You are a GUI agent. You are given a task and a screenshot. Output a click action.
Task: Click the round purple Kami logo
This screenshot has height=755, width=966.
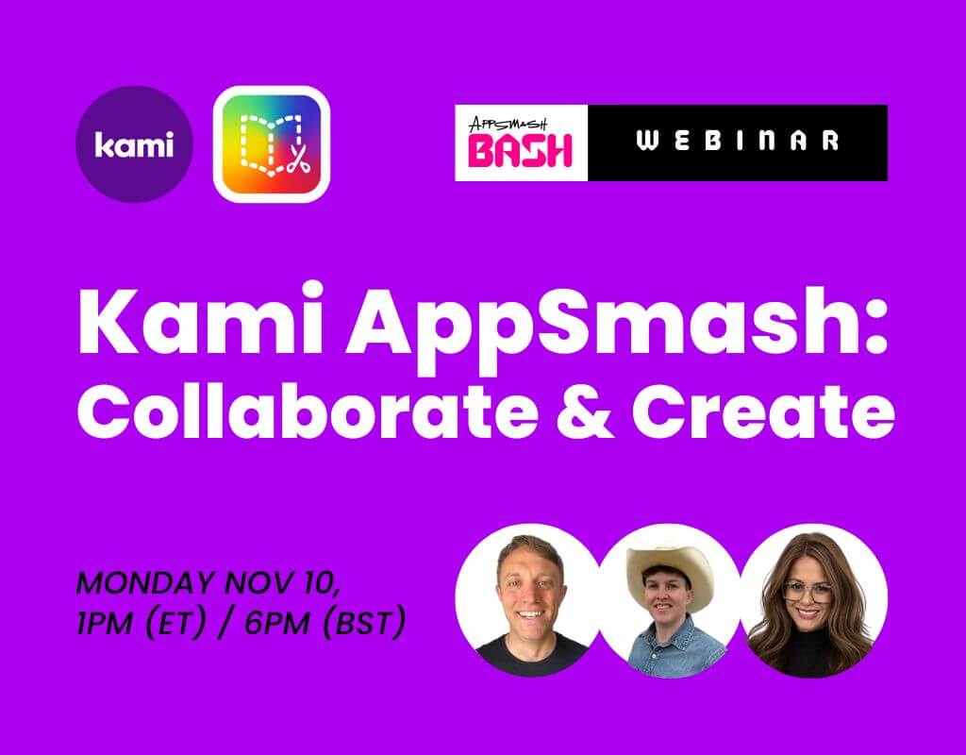point(134,144)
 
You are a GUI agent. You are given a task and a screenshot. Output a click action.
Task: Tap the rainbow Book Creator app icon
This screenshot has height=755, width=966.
point(272,144)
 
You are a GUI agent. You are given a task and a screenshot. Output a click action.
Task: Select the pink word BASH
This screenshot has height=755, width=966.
point(520,151)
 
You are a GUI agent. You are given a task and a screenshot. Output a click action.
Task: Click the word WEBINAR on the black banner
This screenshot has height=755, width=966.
point(738,142)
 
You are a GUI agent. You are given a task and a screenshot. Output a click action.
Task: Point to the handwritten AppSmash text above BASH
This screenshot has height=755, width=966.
point(508,124)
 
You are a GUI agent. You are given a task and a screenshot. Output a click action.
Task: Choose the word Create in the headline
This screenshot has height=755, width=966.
point(762,411)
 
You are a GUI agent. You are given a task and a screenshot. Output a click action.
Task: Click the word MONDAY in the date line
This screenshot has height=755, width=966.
point(146,582)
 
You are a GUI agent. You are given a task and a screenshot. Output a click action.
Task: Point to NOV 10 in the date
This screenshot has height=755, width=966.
point(282,583)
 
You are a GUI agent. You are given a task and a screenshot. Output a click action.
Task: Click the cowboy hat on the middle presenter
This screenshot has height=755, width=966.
point(669,574)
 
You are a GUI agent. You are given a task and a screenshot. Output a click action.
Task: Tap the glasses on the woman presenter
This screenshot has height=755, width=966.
point(808,592)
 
